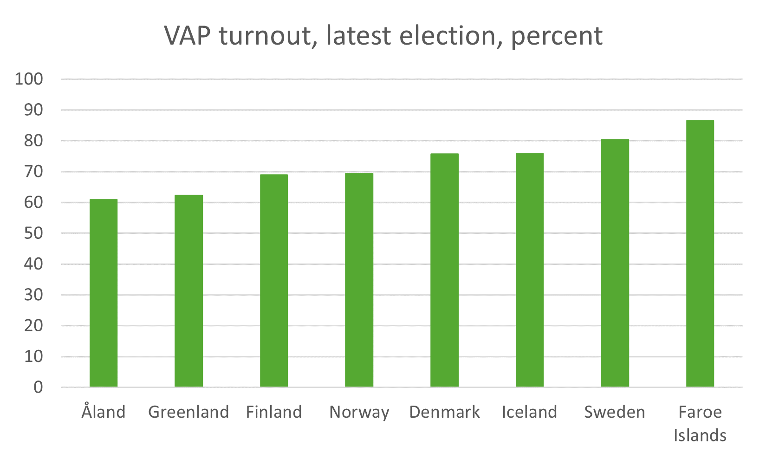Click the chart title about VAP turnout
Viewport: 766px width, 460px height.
[383, 36]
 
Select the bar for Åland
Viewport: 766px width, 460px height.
[104, 293]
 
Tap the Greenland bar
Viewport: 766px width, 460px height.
[188, 291]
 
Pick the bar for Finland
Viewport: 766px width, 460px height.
[274, 281]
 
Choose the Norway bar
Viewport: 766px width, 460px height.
[359, 280]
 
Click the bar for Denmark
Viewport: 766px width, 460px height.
[444, 270]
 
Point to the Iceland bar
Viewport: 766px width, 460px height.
[529, 270]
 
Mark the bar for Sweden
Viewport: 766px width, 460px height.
[615, 263]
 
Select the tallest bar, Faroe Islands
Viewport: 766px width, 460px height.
[700, 253]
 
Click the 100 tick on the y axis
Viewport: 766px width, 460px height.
[29, 79]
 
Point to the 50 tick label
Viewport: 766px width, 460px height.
[33, 233]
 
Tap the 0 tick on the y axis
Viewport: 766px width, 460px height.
[38, 387]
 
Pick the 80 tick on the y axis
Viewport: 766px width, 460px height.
[33, 141]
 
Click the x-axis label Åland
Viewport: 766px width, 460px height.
[104, 412]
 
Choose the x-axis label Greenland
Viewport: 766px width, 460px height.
[188, 412]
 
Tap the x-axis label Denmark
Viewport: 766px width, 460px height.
[444, 412]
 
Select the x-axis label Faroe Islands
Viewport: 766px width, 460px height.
[700, 423]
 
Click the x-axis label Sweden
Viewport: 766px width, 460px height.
[615, 412]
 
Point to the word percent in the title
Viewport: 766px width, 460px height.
[557, 37]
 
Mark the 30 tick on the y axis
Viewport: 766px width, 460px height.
[33, 295]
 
